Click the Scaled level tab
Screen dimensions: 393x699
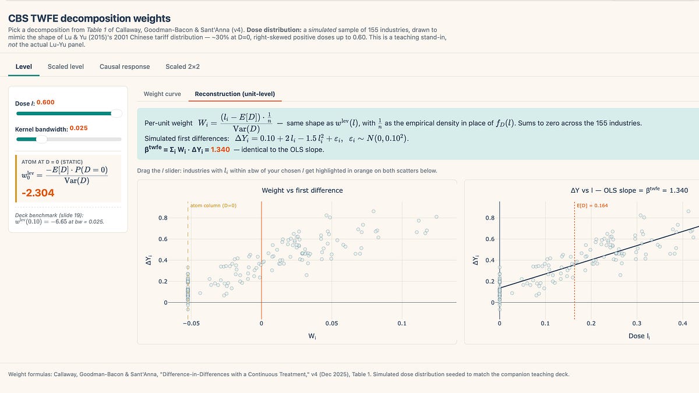coord(66,66)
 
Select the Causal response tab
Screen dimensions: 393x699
coord(125,66)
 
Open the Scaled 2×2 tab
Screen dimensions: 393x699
coord(182,66)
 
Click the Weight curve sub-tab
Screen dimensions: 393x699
coord(162,94)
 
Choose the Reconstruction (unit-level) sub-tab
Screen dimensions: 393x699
coord(235,94)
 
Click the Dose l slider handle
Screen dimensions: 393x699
coord(116,114)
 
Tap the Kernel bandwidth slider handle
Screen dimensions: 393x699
coord(41,139)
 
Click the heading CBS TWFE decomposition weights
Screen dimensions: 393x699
coord(89,19)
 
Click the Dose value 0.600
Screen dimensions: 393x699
coord(45,102)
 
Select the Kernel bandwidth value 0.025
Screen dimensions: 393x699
coord(79,128)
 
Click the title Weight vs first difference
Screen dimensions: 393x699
coord(302,190)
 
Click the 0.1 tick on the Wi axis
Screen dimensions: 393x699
coord(401,323)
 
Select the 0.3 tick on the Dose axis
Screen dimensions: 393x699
coord(637,323)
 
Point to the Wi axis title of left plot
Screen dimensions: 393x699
coord(312,336)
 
